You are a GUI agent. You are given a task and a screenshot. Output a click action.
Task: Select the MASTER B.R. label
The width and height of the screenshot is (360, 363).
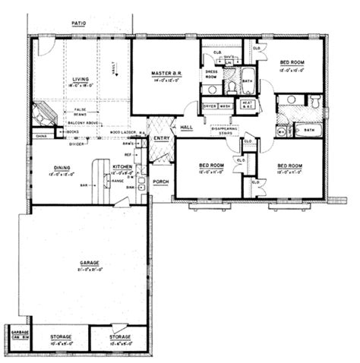pos(164,74)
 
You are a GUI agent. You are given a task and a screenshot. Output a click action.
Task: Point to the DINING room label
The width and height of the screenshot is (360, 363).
pos(62,168)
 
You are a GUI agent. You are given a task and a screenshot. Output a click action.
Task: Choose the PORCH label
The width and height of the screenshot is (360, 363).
pos(160,181)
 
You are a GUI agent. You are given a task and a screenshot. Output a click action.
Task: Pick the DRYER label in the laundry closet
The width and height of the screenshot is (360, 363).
pos(210,108)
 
